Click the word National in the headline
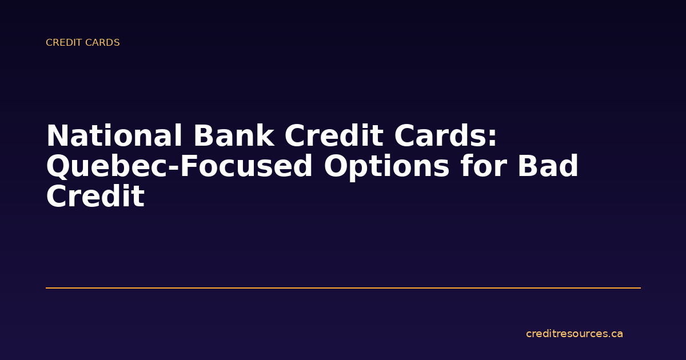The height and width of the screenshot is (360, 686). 114,137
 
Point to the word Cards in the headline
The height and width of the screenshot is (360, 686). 440,137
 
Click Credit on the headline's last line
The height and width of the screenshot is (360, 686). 95,197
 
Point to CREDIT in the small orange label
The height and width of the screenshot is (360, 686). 63,43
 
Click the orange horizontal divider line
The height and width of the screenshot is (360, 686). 343,288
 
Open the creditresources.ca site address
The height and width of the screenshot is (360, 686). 574,334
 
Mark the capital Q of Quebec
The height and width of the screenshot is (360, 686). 58,167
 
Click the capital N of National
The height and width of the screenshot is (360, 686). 58,137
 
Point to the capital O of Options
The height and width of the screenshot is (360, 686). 336,167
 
